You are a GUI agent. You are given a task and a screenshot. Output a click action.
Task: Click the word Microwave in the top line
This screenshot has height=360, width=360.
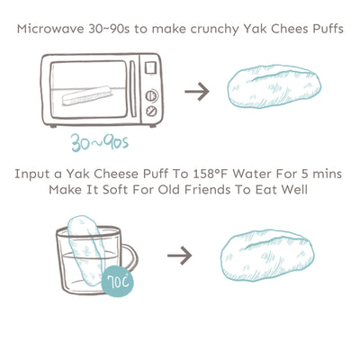[50, 29]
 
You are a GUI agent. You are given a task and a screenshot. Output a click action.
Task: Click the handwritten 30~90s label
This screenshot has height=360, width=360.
[100, 142]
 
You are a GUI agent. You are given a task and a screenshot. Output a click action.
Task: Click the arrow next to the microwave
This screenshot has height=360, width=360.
[197, 91]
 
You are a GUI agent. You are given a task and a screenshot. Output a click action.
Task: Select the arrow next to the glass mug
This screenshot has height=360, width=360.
[179, 256]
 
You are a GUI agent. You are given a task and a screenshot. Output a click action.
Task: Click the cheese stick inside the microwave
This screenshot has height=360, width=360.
[86, 95]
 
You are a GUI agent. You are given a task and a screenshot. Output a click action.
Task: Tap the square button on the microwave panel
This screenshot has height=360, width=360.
[150, 67]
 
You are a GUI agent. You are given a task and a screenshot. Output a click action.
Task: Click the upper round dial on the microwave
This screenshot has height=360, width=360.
[152, 96]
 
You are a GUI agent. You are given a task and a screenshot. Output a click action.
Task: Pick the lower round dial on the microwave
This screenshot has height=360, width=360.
[151, 112]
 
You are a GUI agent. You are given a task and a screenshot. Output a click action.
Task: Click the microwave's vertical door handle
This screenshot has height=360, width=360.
[132, 89]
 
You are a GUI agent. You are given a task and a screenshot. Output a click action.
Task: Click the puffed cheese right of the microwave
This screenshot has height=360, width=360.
[274, 86]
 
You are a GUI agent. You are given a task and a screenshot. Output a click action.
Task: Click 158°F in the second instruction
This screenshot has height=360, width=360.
[210, 174]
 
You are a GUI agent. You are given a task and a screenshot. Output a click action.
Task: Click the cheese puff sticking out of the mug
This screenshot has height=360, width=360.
[86, 251]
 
